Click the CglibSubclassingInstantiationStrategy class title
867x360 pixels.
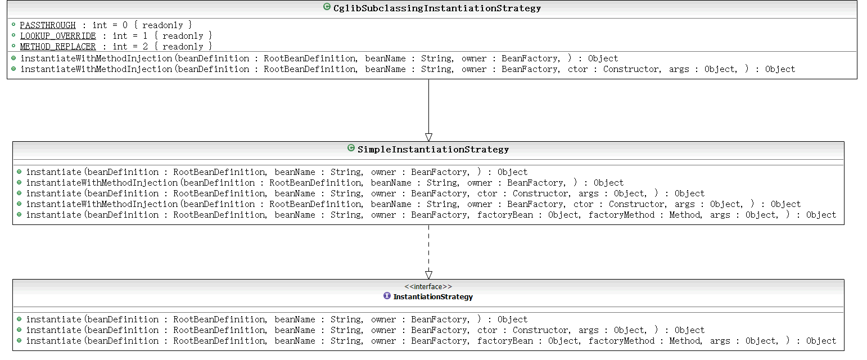click(x=437, y=8)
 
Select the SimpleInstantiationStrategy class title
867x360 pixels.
click(x=433, y=150)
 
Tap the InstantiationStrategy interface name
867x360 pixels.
click(x=433, y=297)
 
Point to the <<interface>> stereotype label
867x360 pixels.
click(x=428, y=286)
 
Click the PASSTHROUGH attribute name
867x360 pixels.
click(x=48, y=25)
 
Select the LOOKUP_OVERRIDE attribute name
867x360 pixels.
click(x=58, y=36)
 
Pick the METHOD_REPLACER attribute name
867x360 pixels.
click(x=58, y=47)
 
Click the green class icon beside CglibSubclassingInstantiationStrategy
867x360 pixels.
click(x=327, y=7)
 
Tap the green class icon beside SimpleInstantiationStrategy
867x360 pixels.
click(x=351, y=148)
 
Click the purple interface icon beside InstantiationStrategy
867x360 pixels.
click(x=387, y=296)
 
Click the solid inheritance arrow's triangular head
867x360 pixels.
click(x=428, y=137)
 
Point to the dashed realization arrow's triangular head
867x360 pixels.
click(x=428, y=275)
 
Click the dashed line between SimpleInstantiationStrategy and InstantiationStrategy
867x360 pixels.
click(x=428, y=248)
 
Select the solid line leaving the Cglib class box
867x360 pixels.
click(x=428, y=106)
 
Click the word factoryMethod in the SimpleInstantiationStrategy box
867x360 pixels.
click(x=622, y=215)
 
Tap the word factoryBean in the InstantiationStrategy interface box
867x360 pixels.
click(x=505, y=341)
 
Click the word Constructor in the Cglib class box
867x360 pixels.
click(x=631, y=69)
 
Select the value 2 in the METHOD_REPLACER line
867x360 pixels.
click(x=145, y=47)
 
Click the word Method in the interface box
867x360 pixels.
click(x=685, y=341)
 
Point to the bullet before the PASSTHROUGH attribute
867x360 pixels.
click(x=13, y=25)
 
